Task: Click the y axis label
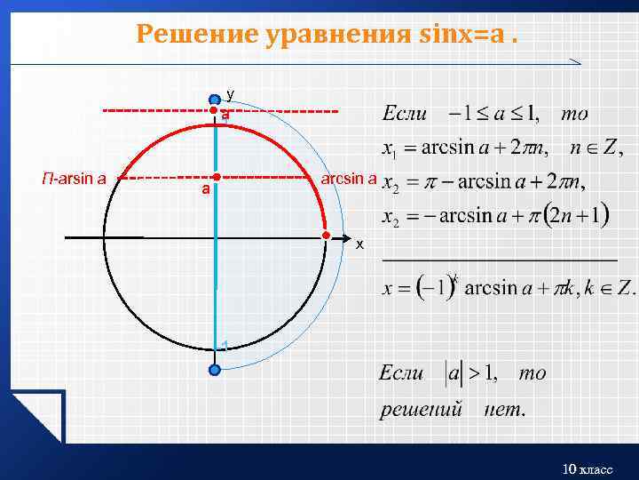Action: tap(230, 93)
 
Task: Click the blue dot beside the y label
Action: tap(214, 100)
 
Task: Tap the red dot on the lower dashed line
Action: tap(216, 177)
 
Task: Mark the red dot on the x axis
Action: tap(327, 236)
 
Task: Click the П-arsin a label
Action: tap(75, 178)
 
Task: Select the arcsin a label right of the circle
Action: tap(348, 178)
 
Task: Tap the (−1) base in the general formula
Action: tap(432, 288)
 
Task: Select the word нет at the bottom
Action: tap(505, 410)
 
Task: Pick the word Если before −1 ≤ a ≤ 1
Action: tap(405, 113)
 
